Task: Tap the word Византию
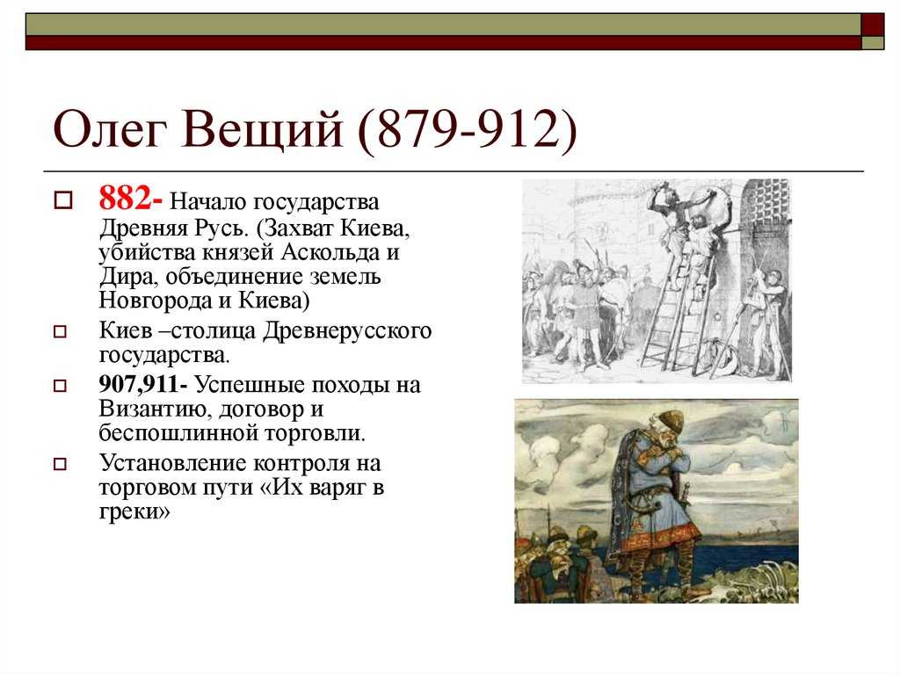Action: click(153, 409)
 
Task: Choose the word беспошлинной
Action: click(178, 432)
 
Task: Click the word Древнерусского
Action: click(347, 331)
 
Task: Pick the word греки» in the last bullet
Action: click(134, 511)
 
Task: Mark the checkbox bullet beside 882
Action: click(62, 200)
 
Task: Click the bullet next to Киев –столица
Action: click(60, 331)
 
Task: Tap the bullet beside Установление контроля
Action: click(60, 463)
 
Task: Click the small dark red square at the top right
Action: click(873, 25)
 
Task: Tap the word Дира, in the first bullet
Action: click(126, 277)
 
